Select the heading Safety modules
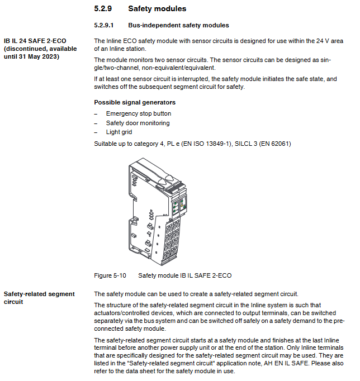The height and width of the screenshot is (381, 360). [x=157, y=9]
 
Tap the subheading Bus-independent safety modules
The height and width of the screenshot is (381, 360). [x=178, y=25]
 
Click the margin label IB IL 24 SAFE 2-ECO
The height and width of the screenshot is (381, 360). [x=36, y=41]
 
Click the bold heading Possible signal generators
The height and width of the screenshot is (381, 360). [x=135, y=102]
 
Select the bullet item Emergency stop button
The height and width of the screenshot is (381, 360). [x=139, y=113]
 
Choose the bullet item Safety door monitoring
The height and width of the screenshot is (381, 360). [x=138, y=123]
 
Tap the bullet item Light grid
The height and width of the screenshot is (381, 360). [x=119, y=132]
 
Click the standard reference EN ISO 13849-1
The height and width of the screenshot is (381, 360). [x=203, y=144]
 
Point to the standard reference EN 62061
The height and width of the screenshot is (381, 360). [x=272, y=144]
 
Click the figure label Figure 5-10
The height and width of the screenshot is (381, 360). [x=110, y=275]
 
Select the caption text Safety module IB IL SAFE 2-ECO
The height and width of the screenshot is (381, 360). [x=184, y=275]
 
